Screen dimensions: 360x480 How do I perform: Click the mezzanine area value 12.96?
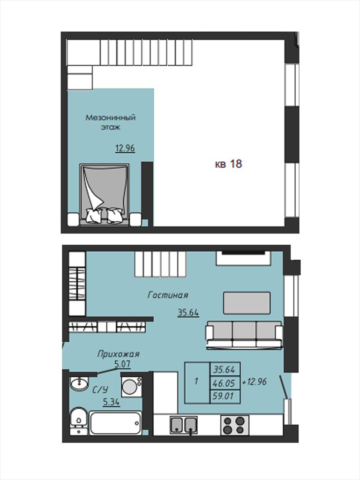coord(125,148)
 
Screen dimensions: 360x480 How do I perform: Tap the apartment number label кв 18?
coord(228,164)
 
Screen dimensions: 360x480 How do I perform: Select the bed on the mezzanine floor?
coord(105,195)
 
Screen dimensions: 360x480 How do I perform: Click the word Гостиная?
coord(168,295)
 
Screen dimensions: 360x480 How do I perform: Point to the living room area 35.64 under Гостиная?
coord(188,313)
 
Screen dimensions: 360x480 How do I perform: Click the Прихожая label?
coord(118,354)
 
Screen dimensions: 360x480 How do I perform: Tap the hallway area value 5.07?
coord(122,364)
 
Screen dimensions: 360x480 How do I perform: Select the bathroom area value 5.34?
coord(111,402)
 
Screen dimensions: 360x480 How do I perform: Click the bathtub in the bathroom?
coord(115,423)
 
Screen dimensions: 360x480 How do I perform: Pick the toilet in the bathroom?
coord(78,421)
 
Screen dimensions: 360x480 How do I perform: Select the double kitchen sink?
coord(183,425)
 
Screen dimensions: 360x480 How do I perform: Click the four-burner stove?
coord(235,425)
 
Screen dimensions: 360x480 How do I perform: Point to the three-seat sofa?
coord(244,335)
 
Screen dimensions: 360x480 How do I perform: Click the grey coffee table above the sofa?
coord(247,303)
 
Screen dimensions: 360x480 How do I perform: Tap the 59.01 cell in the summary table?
coord(225,397)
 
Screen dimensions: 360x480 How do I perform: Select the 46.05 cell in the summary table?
coord(225,382)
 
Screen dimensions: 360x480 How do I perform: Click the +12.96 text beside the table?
coord(255,382)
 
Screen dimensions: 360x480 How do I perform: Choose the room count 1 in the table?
coord(196,382)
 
